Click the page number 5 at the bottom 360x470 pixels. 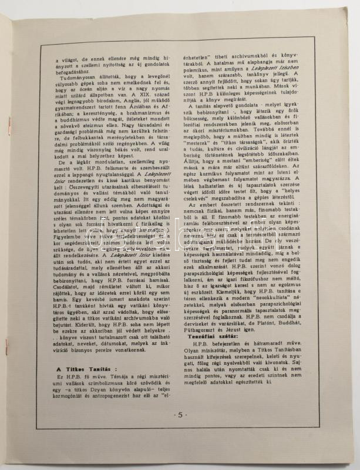coord(180,430)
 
